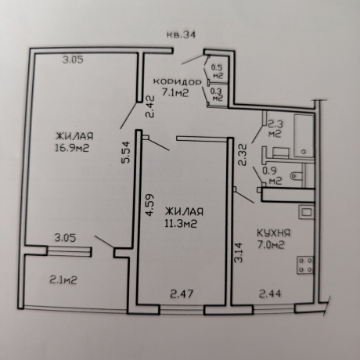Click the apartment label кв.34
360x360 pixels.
point(181,35)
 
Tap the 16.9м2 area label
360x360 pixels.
point(72,148)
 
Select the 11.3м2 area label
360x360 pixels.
point(181,223)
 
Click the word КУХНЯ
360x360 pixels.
point(274,232)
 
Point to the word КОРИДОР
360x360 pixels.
point(178,82)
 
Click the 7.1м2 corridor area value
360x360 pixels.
point(175,92)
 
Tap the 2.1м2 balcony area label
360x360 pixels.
point(63,280)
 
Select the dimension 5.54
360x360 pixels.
point(125,153)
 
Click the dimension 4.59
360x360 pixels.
point(149,205)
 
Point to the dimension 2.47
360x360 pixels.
point(182,294)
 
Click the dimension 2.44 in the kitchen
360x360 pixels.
point(270,293)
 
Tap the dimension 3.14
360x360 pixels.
point(238,252)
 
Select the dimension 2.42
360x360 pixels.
point(150,107)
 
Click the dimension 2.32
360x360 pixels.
point(243,155)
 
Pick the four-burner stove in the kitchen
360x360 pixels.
point(305,265)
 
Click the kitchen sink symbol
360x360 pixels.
point(307,212)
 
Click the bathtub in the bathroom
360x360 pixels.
point(304,135)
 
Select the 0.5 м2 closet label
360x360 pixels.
point(217,72)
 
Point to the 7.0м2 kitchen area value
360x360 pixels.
point(271,245)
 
